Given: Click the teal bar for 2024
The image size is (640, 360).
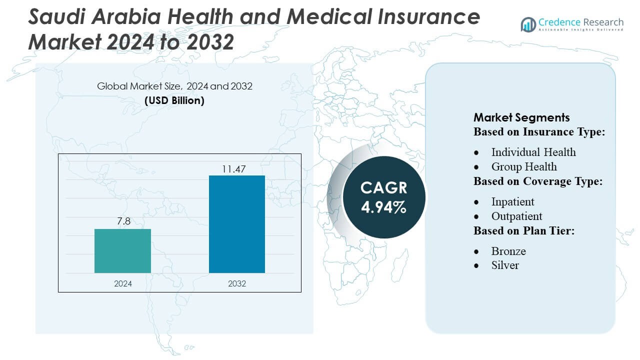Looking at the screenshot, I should tap(122, 251).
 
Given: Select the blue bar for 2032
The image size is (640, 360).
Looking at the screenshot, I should tap(236, 224).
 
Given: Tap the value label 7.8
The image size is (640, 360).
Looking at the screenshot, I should tap(123, 221).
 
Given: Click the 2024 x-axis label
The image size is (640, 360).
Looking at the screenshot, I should tap(123, 283).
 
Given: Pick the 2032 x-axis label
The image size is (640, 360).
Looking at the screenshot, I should tap(237, 283).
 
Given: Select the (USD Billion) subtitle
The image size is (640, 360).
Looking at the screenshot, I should tap(174, 100).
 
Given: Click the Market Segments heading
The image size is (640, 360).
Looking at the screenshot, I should tap(521, 117).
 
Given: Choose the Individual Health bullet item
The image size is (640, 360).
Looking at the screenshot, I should tap(533, 152).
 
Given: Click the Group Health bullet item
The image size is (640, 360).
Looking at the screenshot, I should tap(523, 166).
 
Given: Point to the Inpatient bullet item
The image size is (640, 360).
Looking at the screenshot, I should tap(512, 201).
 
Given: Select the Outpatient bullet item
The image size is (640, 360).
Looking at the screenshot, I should tap(516, 216).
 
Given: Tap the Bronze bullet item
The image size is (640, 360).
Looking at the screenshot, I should tap(508, 251).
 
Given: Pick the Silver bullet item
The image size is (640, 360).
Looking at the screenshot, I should tap(505, 265).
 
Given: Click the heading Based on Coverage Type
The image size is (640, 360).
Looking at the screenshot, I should tap(537, 181).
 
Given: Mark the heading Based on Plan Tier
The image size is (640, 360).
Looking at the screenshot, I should tap(523, 231).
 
